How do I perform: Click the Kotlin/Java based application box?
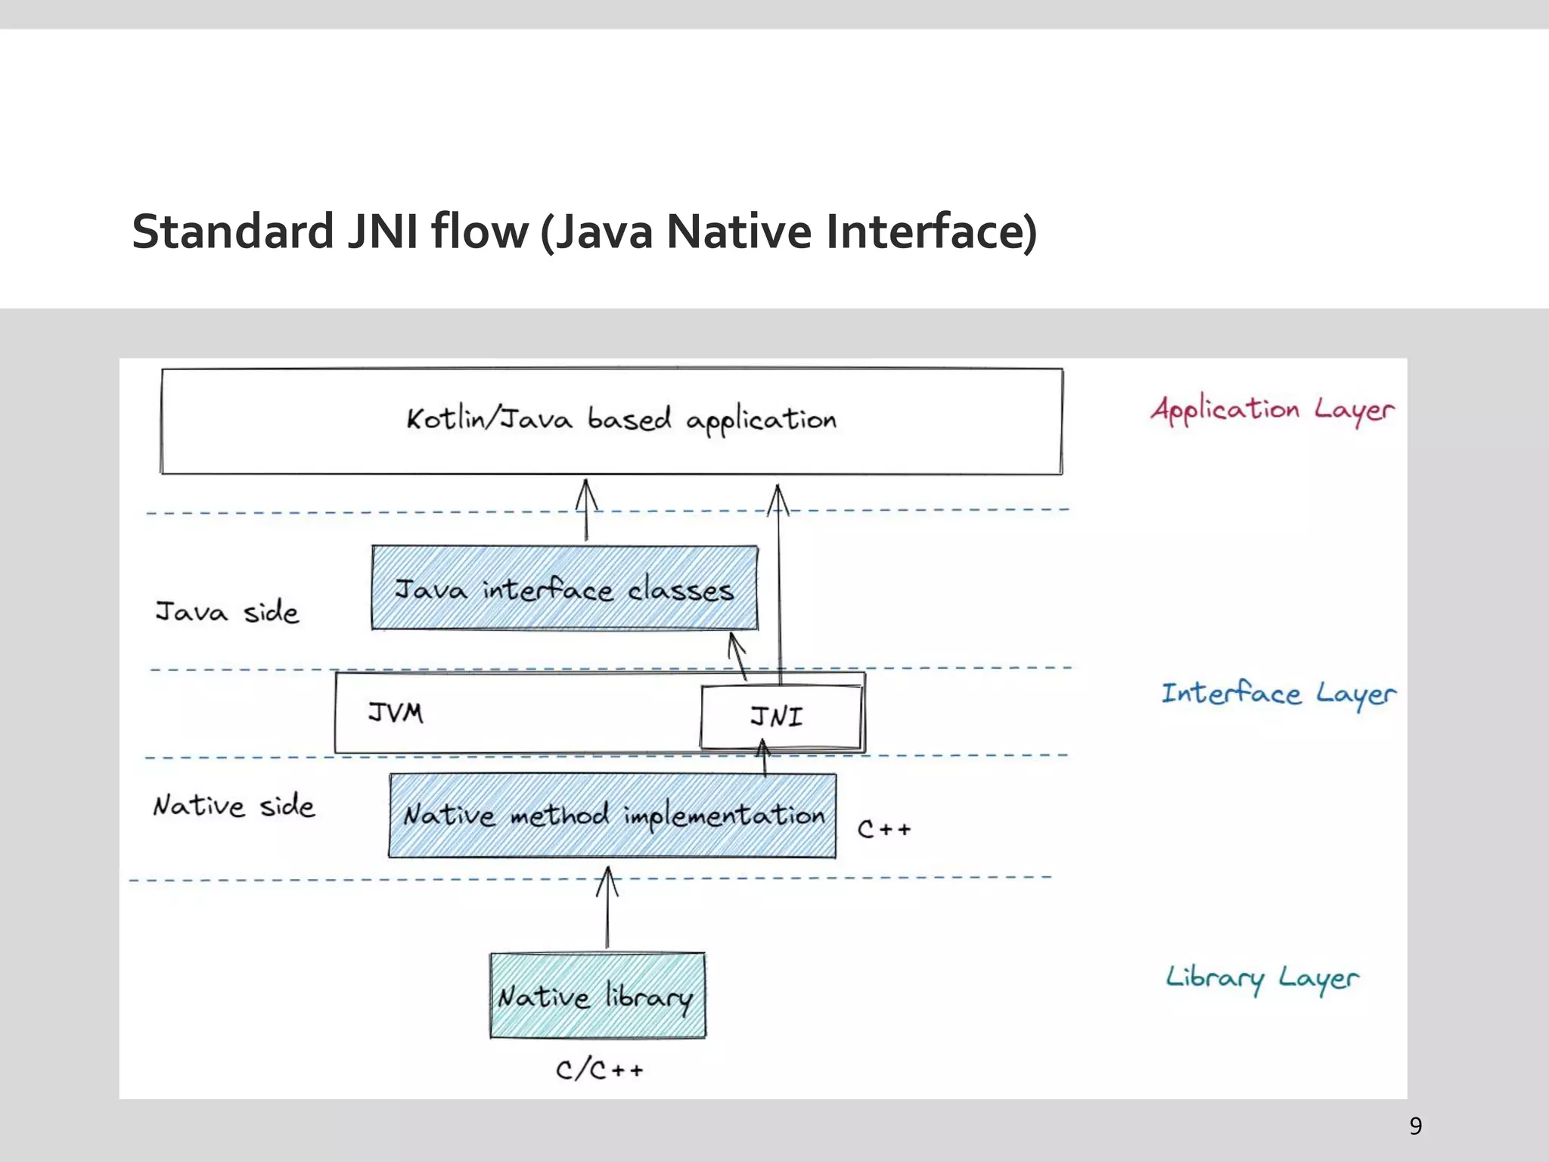(611, 421)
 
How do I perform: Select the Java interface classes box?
(564, 589)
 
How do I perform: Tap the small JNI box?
(781, 716)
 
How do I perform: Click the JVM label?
(396, 713)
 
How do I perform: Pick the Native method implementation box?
(613, 816)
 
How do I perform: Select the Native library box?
(598, 996)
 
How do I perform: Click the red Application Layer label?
(1272, 410)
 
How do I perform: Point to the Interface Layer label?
(1278, 694)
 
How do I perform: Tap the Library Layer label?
(1262, 978)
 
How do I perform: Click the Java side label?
(227, 611)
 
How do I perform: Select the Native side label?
(234, 806)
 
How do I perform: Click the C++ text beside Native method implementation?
(883, 829)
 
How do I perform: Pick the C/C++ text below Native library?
(599, 1070)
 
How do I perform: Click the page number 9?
(1415, 1126)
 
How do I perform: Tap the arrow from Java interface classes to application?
(586, 511)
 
